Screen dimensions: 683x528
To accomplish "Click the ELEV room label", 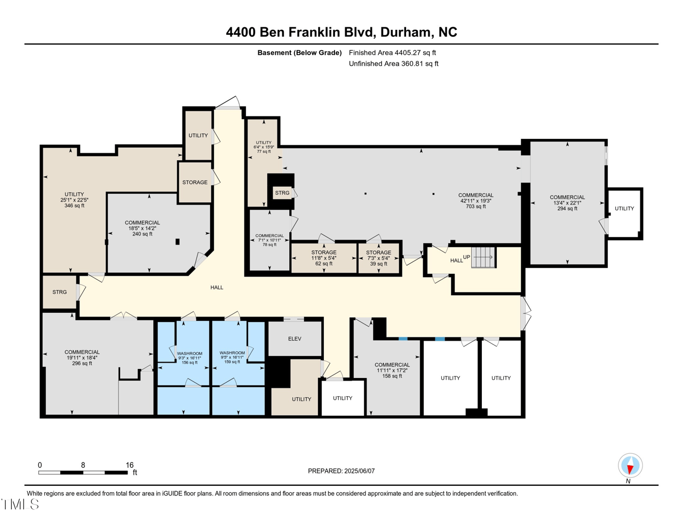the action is click(295, 338).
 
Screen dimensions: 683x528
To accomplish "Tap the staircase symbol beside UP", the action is click(483, 257).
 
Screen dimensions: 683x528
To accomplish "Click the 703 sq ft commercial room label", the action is click(475, 201).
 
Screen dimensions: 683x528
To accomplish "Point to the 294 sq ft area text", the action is click(567, 209).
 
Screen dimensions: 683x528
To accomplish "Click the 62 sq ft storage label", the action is click(324, 258).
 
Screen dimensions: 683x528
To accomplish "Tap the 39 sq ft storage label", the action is click(378, 258).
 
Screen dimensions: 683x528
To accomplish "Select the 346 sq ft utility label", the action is click(74, 200).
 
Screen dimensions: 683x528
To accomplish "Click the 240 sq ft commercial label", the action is click(142, 228).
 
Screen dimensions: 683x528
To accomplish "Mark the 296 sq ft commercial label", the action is click(82, 358).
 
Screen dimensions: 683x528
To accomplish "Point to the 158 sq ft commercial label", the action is click(392, 370).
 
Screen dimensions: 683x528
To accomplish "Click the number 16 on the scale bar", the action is click(130, 465).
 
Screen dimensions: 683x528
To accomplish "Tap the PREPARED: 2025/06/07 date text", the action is click(341, 471).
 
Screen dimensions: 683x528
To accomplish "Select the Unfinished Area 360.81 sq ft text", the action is click(393, 64).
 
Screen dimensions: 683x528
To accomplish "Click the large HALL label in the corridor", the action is click(217, 287).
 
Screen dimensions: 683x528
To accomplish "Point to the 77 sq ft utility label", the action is click(264, 147).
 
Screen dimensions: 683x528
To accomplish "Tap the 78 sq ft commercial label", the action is click(269, 240).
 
